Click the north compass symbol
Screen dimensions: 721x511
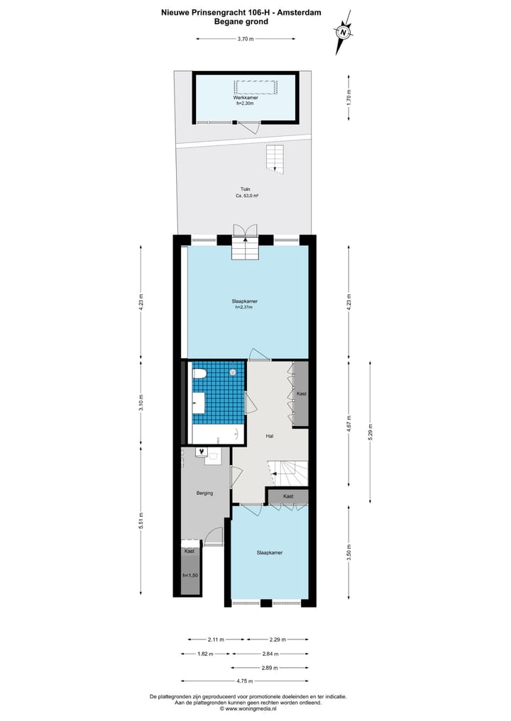(344, 32)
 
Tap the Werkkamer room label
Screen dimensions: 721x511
(245, 99)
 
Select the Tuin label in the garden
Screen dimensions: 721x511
(245, 189)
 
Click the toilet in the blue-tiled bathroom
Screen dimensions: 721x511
(199, 373)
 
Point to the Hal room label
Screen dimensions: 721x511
(270, 436)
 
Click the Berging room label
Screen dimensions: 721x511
(204, 493)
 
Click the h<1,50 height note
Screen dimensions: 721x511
(190, 576)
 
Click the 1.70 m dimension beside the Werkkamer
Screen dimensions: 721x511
(348, 97)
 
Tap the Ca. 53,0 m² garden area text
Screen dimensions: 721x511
(247, 196)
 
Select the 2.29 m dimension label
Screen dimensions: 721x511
(277, 639)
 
